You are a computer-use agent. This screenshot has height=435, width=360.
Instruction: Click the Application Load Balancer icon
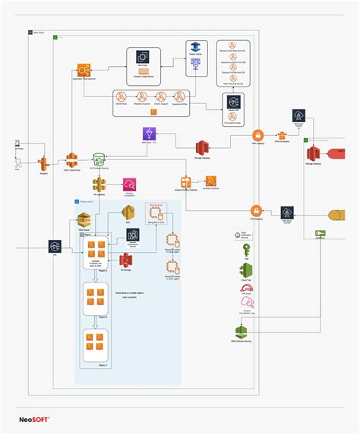pos(84,71)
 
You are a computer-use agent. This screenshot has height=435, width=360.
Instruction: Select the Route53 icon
pos(43,162)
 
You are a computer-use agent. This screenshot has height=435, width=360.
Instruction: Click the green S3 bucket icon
pos(99,160)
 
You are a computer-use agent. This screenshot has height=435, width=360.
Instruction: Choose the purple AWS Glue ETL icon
pos(149,135)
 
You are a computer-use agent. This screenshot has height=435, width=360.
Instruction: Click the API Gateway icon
pos(99,184)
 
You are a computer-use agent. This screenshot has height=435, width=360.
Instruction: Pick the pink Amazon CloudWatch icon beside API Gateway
pos(128,184)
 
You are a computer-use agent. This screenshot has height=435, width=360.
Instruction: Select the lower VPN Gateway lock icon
pos(257,210)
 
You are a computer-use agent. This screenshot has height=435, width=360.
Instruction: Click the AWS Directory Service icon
pos(242,332)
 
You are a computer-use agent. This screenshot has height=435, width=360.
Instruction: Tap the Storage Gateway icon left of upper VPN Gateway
pos(202,148)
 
